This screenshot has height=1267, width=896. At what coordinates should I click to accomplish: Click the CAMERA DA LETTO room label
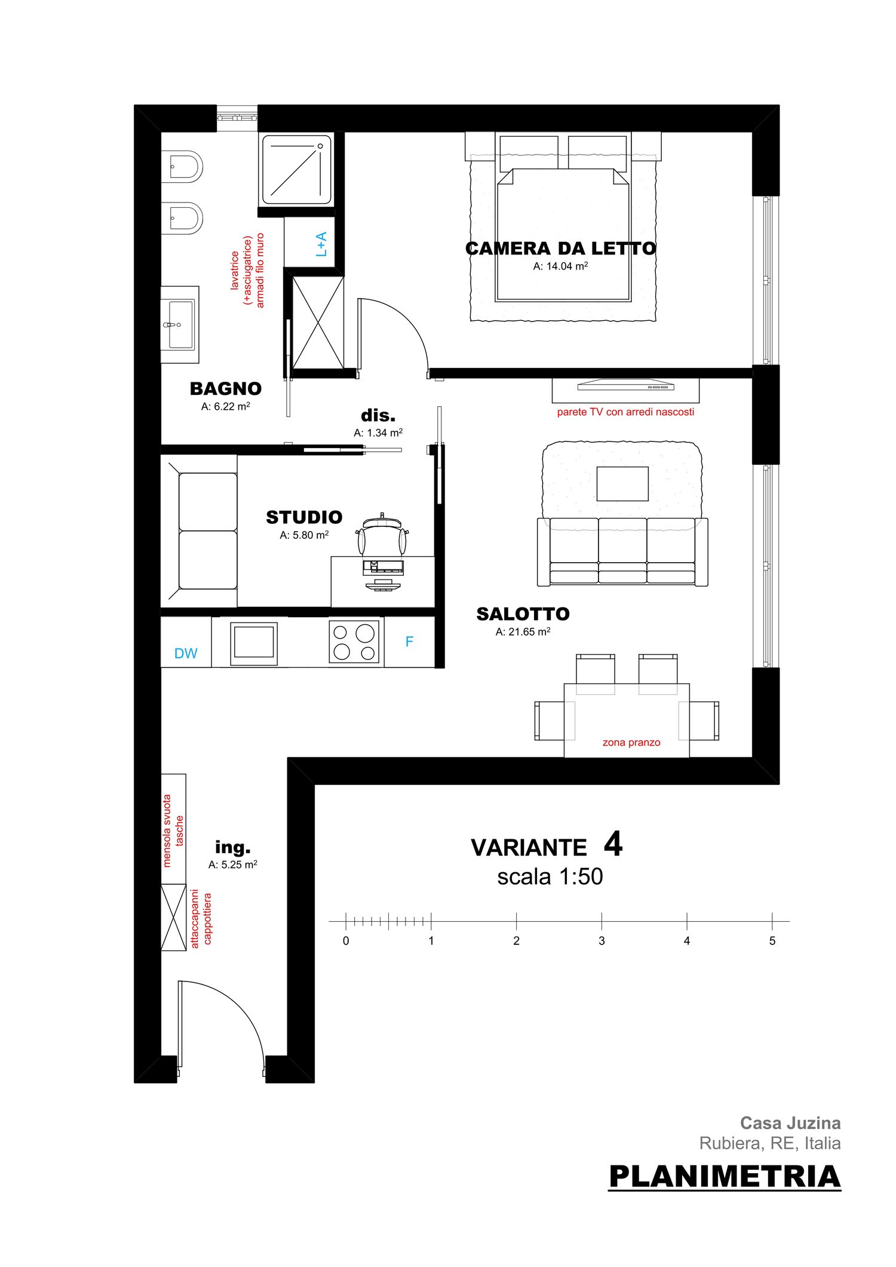560,249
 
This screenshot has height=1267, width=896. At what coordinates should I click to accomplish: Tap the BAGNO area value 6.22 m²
225,406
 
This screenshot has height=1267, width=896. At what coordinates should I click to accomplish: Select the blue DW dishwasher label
186,654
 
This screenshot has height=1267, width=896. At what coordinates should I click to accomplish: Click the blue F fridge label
409,642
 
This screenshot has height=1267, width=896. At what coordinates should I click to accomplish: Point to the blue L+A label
321,244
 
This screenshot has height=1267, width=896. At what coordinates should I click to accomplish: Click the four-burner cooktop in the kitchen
354,642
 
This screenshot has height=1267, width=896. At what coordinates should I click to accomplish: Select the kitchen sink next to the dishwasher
254,643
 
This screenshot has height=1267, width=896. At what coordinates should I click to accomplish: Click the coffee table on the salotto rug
622,484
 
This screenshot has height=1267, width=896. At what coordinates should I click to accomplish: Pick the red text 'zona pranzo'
631,743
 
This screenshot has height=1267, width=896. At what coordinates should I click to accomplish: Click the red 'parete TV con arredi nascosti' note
625,412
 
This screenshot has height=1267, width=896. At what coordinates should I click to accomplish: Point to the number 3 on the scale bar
602,941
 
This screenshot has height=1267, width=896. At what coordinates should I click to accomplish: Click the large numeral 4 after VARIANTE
613,844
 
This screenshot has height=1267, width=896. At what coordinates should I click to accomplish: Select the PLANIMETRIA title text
725,1176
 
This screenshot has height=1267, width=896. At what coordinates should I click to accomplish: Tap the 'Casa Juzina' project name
790,1123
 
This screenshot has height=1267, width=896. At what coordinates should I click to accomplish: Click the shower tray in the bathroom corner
297,170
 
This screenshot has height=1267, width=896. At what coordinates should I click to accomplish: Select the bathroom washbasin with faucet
180,324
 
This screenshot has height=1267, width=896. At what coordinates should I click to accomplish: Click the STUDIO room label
304,517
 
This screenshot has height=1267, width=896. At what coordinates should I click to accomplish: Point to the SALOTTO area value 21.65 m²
523,631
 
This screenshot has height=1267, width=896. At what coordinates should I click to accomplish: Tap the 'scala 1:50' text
550,877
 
